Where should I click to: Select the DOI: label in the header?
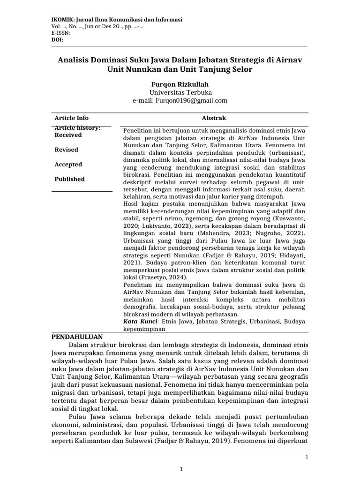tap(56, 40)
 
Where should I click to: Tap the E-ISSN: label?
tap(60, 33)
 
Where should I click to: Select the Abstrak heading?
tap(214, 118)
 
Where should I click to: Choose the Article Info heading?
tap(71, 118)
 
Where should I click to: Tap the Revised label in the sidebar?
tap(67, 150)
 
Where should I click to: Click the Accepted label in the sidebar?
tap(68, 165)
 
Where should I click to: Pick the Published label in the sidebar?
tap(70, 179)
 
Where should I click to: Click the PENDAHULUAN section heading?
tap(77, 337)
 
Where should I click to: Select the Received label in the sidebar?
tap(68, 135)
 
